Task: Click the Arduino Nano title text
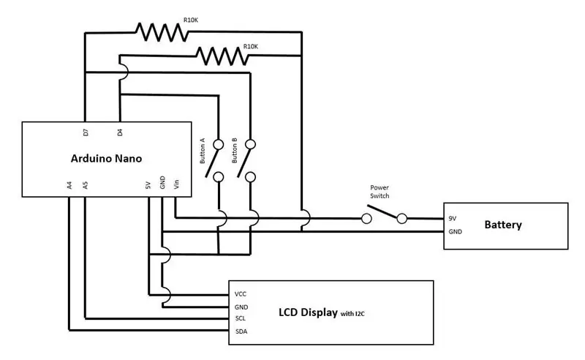106,158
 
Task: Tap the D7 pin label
86,132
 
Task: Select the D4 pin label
119,132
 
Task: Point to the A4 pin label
69,185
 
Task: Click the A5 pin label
85,185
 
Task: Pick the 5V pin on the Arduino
148,185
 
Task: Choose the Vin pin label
176,184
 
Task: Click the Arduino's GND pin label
162,183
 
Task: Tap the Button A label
203,151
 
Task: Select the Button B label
234,151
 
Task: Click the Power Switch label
380,192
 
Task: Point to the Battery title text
503,225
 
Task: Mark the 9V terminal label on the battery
452,218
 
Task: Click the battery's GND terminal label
455,231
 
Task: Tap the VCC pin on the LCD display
241,294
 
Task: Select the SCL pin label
241,318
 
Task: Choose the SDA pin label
241,331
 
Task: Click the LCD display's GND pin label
241,307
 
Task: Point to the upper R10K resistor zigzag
162,32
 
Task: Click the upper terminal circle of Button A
218,144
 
